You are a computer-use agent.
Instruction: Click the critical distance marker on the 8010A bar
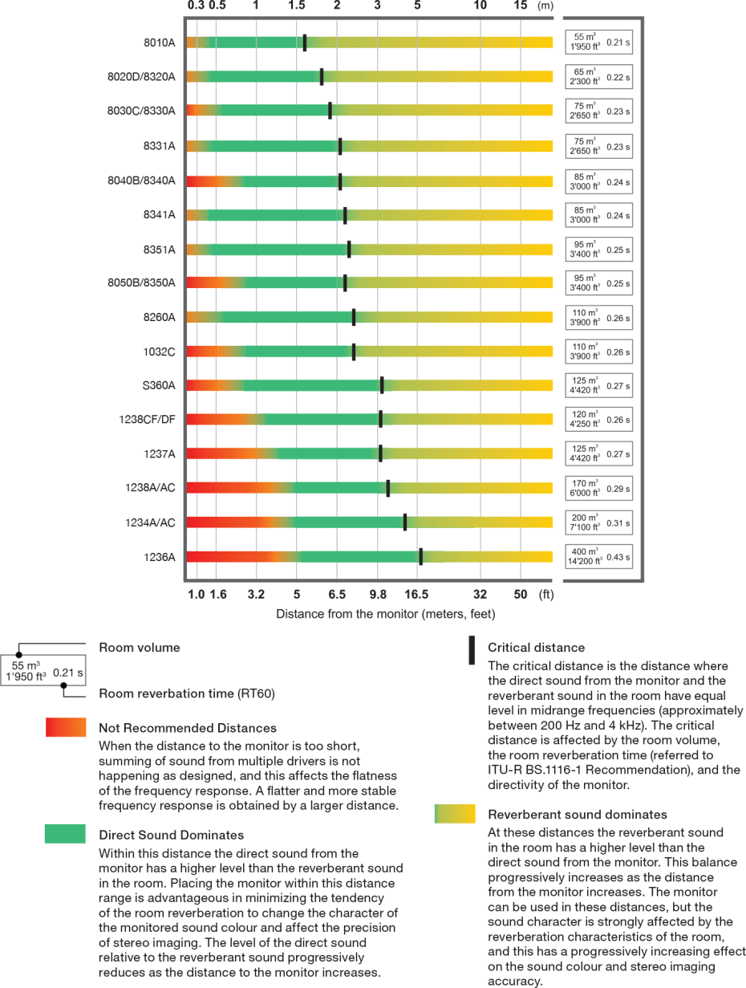(x=305, y=43)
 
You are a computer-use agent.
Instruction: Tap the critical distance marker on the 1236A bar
(x=420, y=556)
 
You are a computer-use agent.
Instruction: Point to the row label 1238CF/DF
(x=147, y=419)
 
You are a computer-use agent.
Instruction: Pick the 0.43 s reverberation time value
(x=618, y=557)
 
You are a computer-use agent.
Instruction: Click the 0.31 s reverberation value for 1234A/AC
(x=618, y=523)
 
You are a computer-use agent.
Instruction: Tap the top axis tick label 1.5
(x=296, y=6)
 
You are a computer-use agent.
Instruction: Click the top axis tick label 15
(x=521, y=6)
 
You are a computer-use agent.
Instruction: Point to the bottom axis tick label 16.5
(x=416, y=596)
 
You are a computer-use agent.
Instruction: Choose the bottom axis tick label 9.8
(x=378, y=596)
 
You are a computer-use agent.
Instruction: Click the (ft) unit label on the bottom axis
(x=546, y=596)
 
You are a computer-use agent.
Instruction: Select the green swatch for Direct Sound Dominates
(x=65, y=834)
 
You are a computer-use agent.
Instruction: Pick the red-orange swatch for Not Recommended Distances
(x=66, y=727)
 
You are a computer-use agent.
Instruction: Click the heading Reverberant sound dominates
(x=578, y=815)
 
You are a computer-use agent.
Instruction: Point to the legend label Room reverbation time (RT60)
(x=187, y=693)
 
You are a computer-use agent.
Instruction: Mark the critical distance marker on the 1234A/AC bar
(x=405, y=522)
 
